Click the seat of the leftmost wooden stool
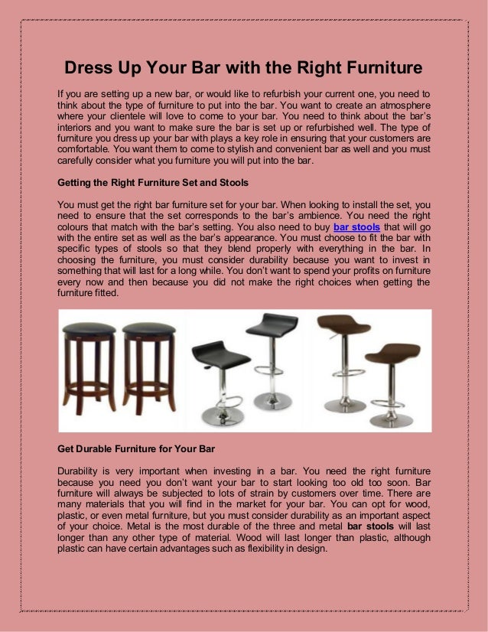click(88, 328)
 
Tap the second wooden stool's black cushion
click(148, 328)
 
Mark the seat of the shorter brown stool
click(392, 353)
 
